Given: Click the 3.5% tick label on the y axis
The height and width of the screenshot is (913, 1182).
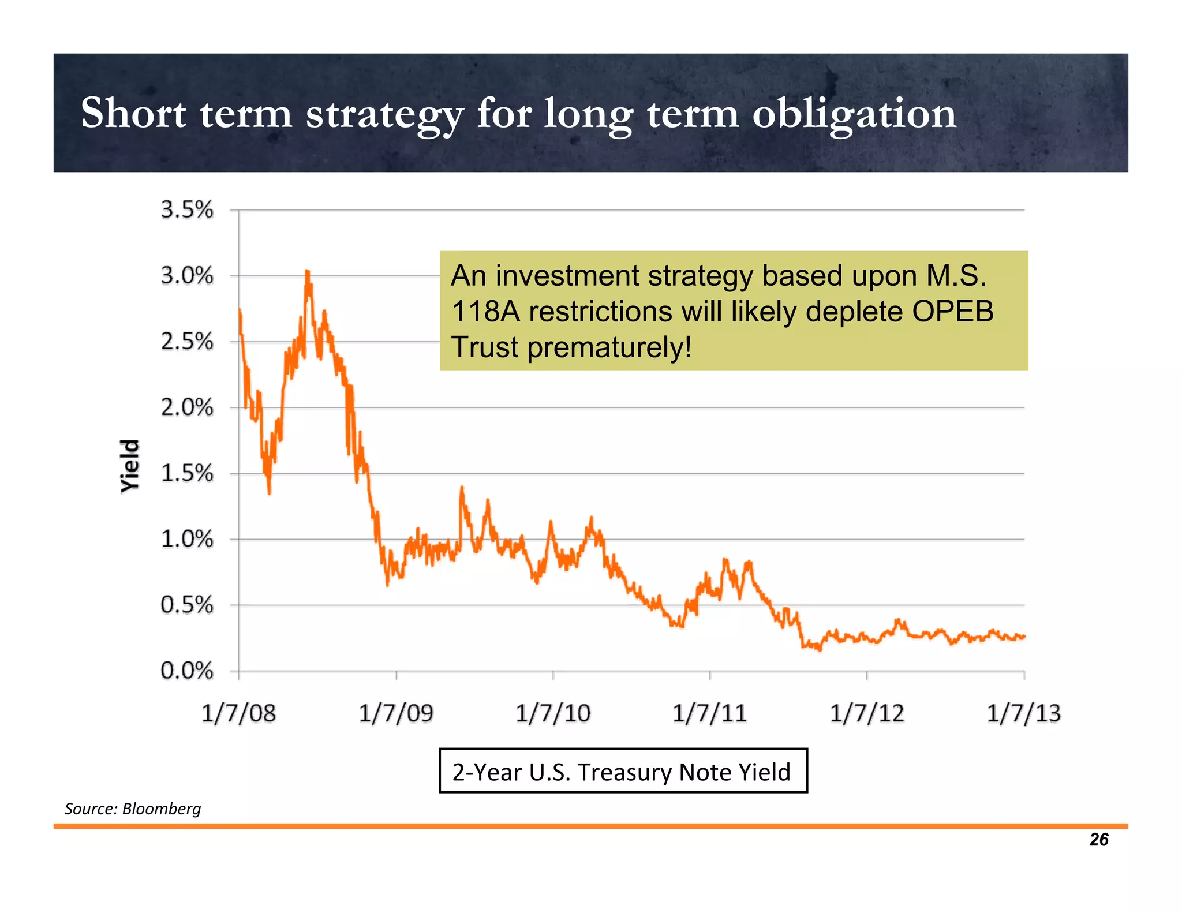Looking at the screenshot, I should [186, 210].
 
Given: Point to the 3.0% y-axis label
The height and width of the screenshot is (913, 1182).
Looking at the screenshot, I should [186, 276].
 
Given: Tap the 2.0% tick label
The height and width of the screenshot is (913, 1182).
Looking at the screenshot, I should [186, 408].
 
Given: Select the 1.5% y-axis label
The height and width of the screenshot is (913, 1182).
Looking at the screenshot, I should [186, 474].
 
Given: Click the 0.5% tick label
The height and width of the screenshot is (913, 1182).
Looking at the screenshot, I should [186, 605].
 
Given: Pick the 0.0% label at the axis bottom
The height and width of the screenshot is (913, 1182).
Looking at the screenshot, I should [186, 671].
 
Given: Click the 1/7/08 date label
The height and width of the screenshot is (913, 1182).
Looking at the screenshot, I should [238, 714].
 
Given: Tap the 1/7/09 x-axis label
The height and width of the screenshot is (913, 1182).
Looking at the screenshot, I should [396, 714].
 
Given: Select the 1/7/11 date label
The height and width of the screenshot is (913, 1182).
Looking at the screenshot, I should [709, 714].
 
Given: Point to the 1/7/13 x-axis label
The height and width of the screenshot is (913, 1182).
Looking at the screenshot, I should [1023, 714].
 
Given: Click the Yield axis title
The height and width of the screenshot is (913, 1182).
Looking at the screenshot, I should [130, 466].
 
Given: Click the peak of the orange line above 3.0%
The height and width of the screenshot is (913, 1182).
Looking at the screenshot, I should [307, 271].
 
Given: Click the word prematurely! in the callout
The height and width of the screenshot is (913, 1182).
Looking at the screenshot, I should [609, 347].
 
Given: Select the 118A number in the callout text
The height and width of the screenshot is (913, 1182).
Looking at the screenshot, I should [485, 312].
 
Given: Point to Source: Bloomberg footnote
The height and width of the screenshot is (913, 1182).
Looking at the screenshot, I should [133, 809].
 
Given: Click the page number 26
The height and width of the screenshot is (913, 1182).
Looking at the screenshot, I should [1098, 840].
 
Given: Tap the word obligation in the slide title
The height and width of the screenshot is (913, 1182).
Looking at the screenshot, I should [854, 114].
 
